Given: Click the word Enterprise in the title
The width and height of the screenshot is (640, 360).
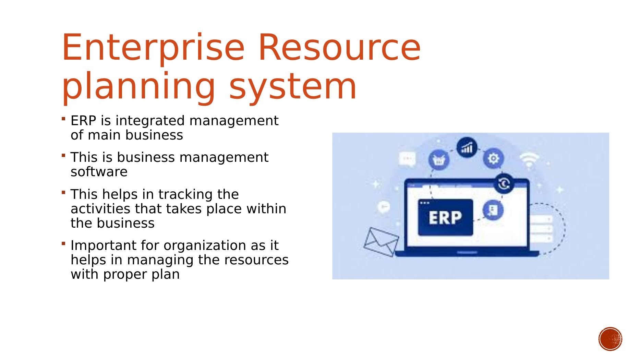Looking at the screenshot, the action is click(153, 48).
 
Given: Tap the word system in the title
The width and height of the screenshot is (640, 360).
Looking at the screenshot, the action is click(293, 87).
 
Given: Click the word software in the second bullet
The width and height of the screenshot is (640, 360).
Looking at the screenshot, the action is click(99, 172).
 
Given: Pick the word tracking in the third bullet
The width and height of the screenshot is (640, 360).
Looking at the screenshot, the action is click(186, 195).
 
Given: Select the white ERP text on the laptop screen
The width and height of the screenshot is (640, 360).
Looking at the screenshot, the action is click(445, 217).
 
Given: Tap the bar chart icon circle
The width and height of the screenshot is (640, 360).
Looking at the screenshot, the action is click(467, 148).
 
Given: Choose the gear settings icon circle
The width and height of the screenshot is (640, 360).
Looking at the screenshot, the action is click(493, 159).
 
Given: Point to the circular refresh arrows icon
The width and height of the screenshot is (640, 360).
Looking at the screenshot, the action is click(504, 184).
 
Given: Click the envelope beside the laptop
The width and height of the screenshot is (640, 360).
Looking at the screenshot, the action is click(381, 242).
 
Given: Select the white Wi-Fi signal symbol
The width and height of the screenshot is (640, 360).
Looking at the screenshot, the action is click(529, 160).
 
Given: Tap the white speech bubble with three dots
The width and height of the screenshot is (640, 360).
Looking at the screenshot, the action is click(408, 159).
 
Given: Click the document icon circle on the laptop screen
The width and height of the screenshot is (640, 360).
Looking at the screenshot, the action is click(493, 210).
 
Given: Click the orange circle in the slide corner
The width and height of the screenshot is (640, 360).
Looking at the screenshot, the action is click(611, 339).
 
